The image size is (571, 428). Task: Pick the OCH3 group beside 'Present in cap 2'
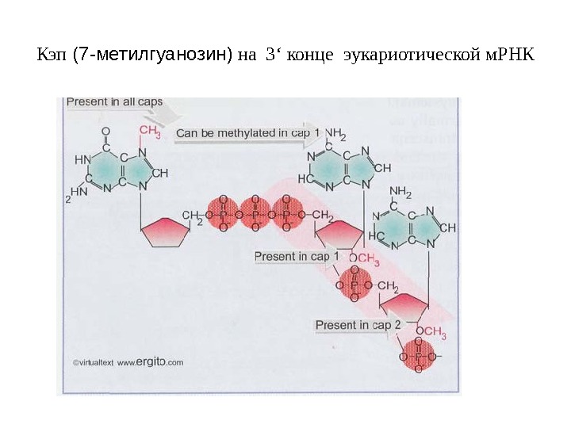432,334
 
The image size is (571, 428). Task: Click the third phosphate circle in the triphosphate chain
288,214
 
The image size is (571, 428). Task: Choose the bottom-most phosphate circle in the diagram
418,357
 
